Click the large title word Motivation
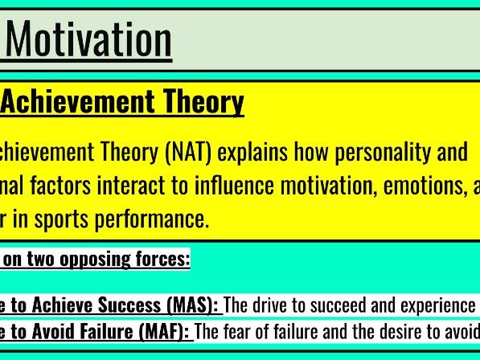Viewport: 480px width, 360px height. click(x=88, y=39)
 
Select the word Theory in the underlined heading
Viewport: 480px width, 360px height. click(x=203, y=102)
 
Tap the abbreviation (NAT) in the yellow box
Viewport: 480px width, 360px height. click(x=187, y=151)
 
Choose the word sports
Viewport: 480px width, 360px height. click(x=58, y=219)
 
